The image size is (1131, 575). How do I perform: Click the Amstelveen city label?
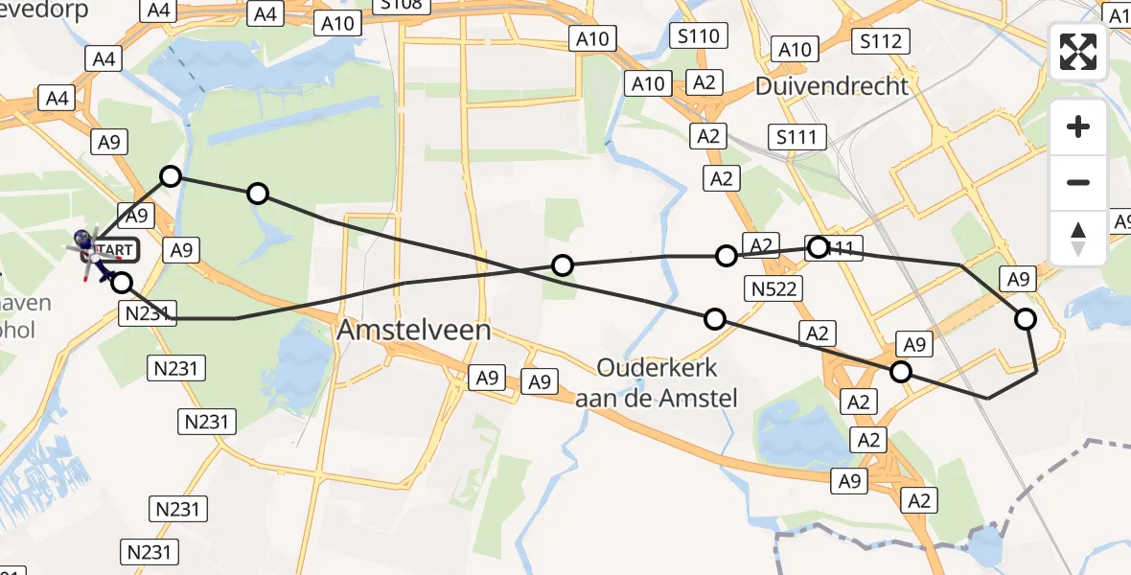click(x=414, y=331)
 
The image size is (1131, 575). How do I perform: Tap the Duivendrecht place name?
click(x=831, y=85)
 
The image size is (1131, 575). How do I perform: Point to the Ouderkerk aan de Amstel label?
click(x=657, y=381)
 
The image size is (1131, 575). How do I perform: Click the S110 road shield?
click(x=699, y=36)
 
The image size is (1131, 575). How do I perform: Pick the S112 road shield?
click(x=880, y=41)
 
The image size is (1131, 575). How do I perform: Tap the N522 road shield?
click(x=774, y=288)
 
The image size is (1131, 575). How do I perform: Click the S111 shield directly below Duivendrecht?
click(x=796, y=137)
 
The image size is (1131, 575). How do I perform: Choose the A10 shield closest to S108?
click(x=337, y=23)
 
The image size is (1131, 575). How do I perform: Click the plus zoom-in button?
click(x=1078, y=126)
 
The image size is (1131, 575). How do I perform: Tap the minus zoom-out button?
click(x=1078, y=182)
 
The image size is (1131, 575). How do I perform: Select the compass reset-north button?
click(x=1078, y=238)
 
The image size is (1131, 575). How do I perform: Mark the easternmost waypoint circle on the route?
click(x=1026, y=319)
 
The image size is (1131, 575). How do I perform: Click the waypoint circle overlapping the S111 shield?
click(x=818, y=247)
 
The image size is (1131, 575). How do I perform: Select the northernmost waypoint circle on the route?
click(x=171, y=176)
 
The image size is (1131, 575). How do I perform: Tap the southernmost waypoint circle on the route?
click(x=901, y=372)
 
